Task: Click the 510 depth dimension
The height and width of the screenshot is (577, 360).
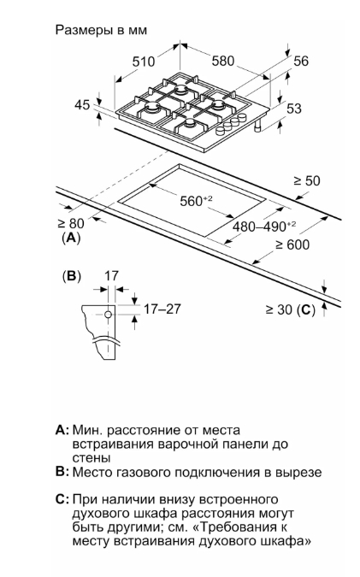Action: pyautogui.click(x=144, y=61)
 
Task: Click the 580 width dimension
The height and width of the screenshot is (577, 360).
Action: pyautogui.click(x=223, y=61)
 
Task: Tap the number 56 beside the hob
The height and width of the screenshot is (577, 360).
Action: pyautogui.click(x=301, y=61)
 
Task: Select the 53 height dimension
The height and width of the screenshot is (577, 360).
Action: pyautogui.click(x=294, y=109)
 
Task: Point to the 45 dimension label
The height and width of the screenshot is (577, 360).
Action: pyautogui.click(x=82, y=105)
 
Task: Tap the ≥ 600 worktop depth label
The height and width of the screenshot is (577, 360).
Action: pyautogui.click(x=292, y=244)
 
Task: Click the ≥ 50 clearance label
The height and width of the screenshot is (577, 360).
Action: pyautogui.click(x=307, y=180)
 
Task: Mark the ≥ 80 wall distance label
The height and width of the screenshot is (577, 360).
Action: pyautogui.click(x=71, y=223)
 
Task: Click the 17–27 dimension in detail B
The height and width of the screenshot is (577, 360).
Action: pyautogui.click(x=162, y=309)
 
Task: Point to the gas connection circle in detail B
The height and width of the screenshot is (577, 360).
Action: pyautogui.click(x=108, y=315)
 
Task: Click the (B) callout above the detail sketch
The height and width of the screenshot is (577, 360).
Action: pyautogui.click(x=72, y=276)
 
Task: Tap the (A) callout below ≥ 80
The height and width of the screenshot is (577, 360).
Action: pyautogui.click(x=71, y=238)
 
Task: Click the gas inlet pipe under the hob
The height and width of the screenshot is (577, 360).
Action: pyautogui.click(x=257, y=126)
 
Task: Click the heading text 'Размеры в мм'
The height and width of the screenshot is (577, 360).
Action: pyautogui.click(x=101, y=30)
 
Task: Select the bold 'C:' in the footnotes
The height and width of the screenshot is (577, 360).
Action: pyautogui.click(x=62, y=499)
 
